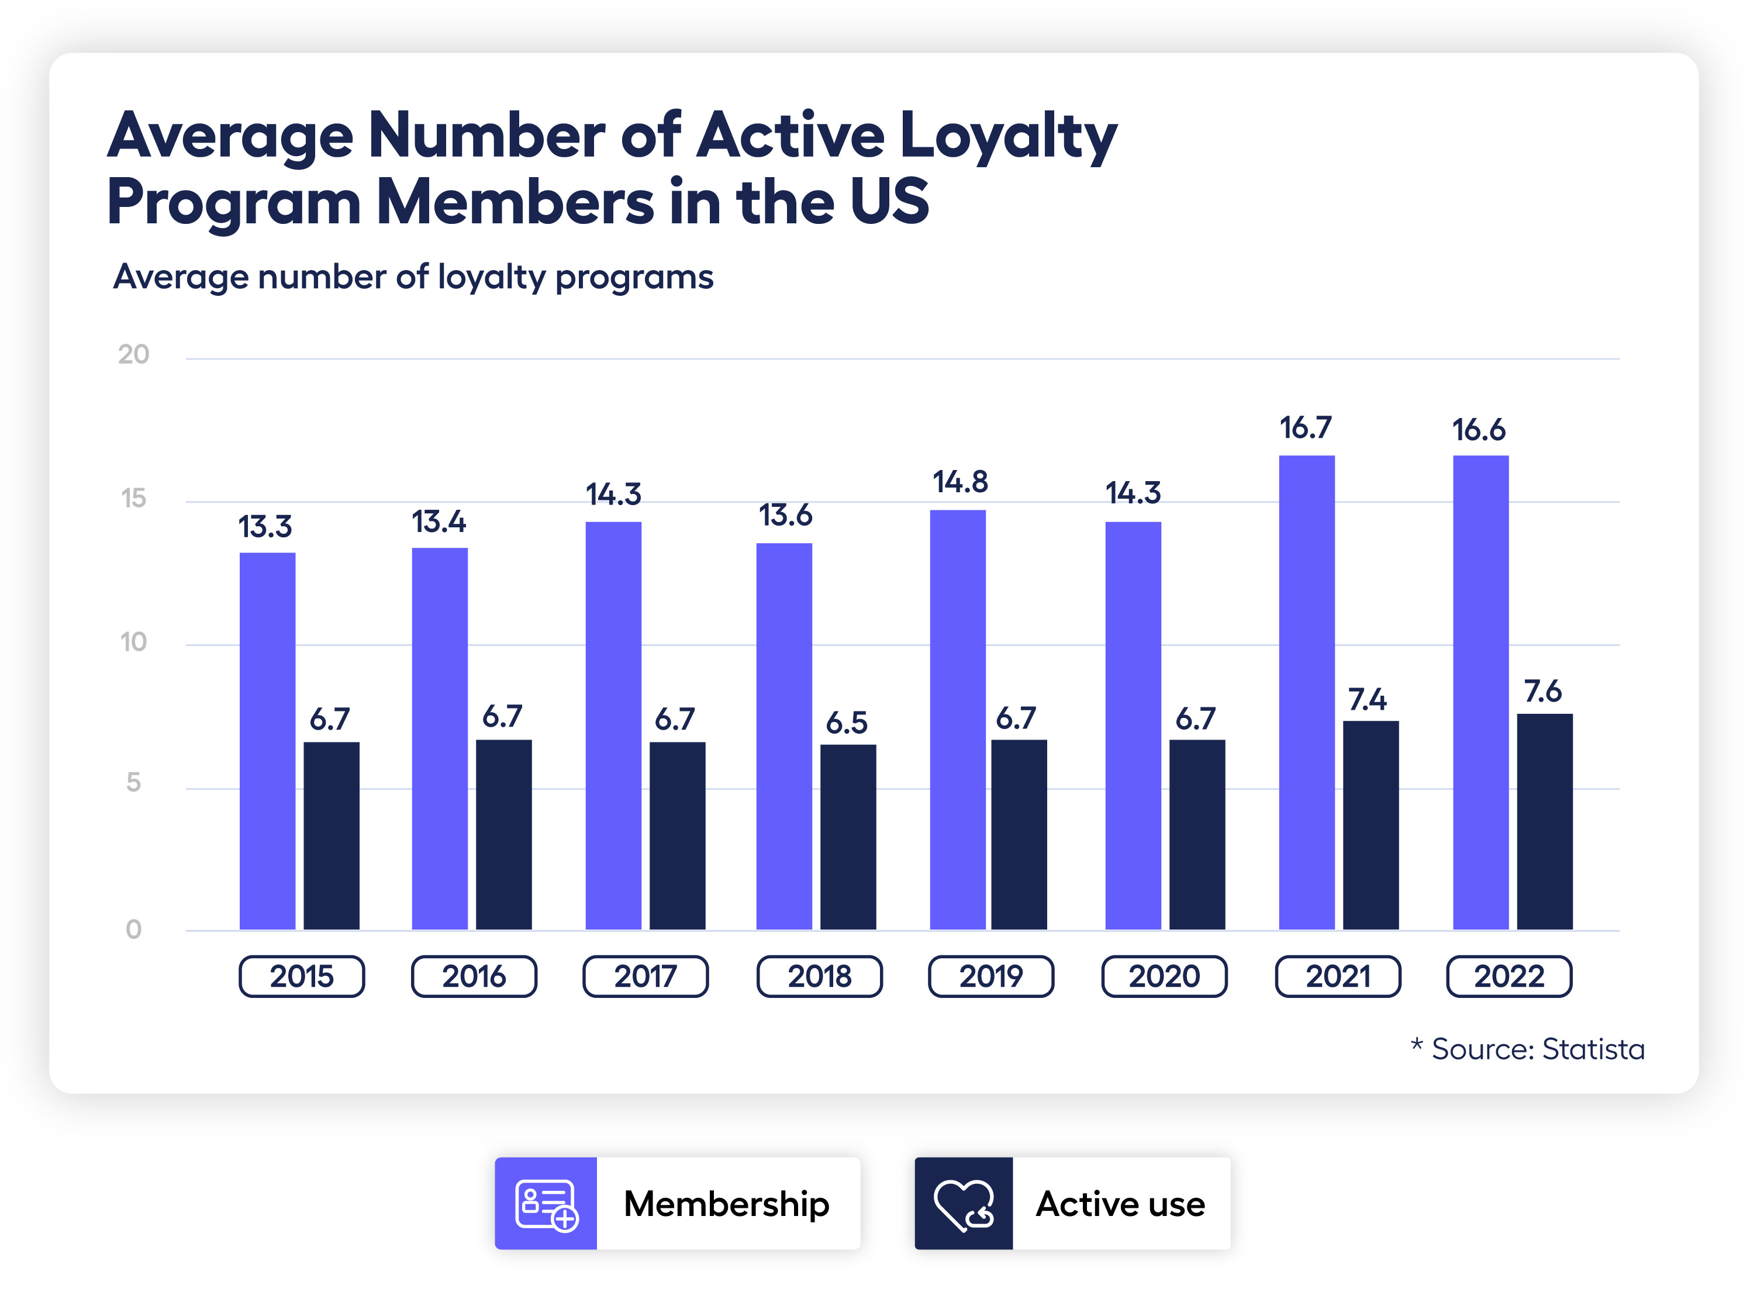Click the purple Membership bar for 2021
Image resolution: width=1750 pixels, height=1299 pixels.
[1306, 692]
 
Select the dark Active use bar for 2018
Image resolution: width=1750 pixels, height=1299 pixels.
[848, 837]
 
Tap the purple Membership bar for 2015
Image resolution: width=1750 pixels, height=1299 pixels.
[267, 741]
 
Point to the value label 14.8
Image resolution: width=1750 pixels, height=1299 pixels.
[959, 481]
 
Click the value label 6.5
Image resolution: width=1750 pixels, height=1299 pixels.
[846, 723]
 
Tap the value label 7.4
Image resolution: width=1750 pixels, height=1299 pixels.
[1367, 699]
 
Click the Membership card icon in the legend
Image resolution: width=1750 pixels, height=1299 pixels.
[546, 1203]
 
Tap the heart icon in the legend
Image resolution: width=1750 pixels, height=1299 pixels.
[964, 1203]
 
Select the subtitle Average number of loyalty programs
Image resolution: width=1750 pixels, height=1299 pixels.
[413, 277]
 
